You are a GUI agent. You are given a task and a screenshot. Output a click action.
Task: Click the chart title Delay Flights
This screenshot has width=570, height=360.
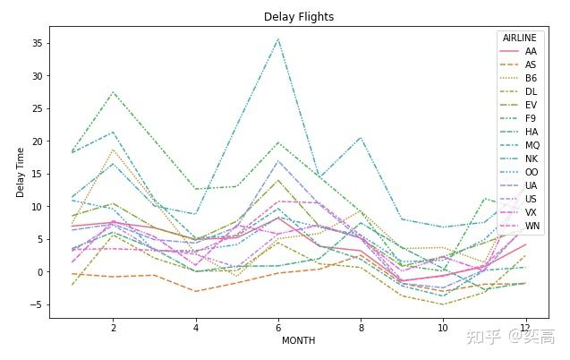coord(299,17)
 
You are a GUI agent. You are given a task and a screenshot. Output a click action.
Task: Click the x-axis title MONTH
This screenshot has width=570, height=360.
coord(298,341)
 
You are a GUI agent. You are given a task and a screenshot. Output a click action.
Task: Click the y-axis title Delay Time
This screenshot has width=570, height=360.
coord(20,173)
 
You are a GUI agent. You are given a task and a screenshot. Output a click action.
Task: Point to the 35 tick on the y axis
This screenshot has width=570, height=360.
coord(38,43)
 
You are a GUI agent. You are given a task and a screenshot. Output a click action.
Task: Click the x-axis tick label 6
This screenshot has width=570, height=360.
coord(278,327)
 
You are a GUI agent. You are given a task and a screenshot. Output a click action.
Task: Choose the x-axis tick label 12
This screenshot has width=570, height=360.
coord(525,327)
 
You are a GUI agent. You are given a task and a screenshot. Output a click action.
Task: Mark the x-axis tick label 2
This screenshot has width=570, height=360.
coord(113,327)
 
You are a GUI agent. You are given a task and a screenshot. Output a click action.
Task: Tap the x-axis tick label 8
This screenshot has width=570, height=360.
coord(361,327)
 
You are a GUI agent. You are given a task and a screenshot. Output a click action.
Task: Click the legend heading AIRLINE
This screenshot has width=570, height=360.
coord(520,39)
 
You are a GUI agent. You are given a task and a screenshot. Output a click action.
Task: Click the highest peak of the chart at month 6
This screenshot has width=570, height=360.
coord(278,39)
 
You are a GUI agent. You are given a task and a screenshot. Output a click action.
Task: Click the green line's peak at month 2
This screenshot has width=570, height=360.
coord(113,92)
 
